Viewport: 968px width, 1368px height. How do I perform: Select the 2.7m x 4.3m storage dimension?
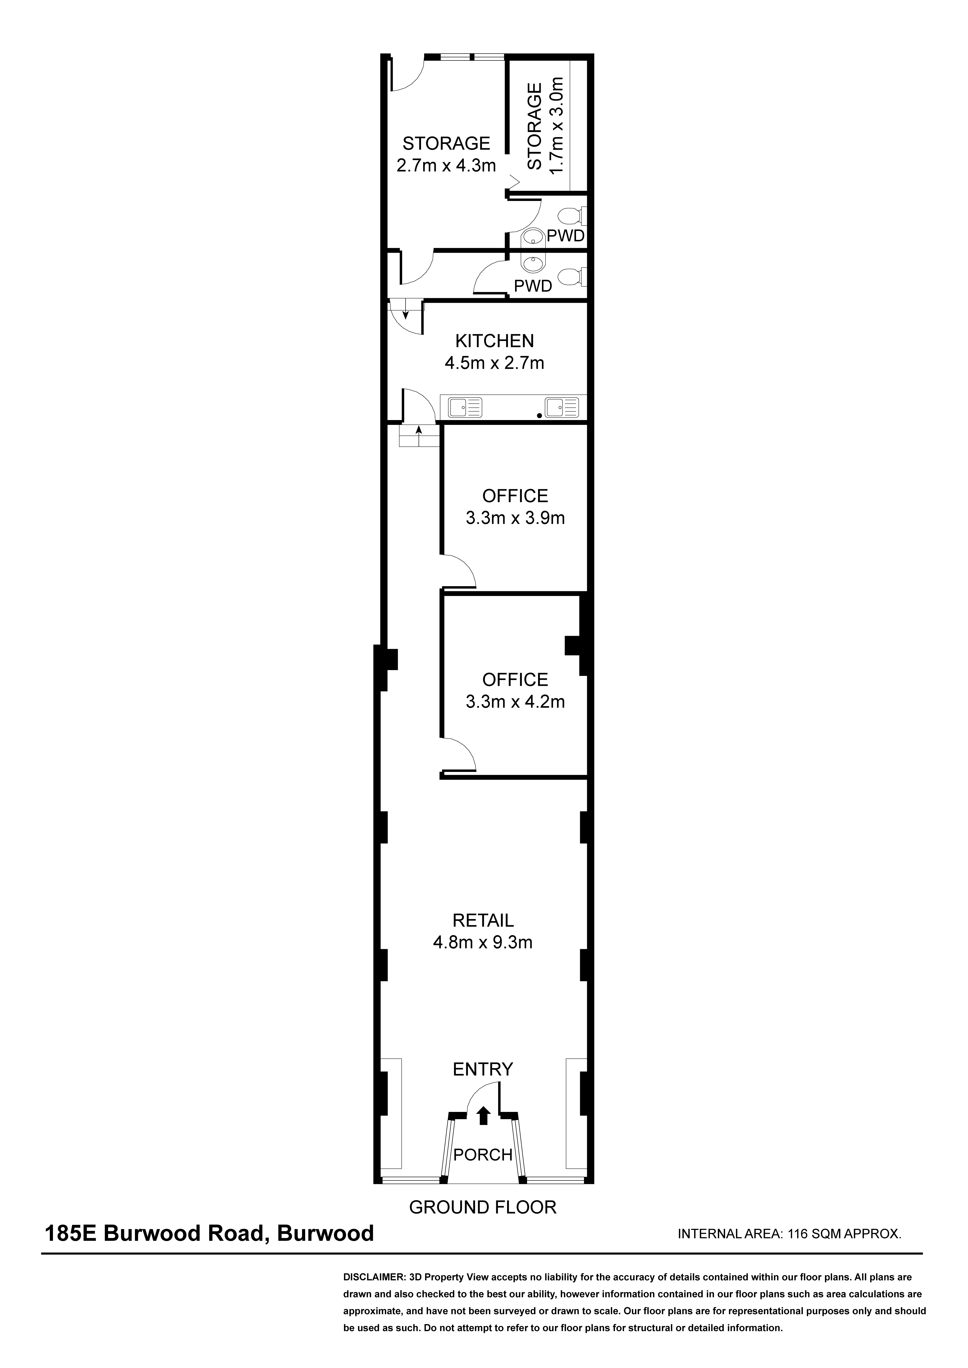point(446,165)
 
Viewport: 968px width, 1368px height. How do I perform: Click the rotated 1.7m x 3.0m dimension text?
point(556,126)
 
